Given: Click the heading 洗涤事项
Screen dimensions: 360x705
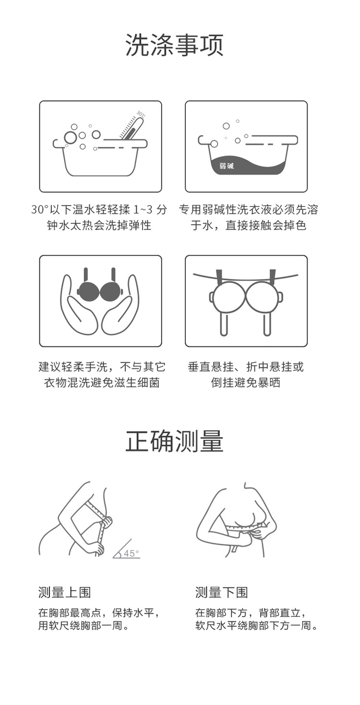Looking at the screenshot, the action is point(174,45).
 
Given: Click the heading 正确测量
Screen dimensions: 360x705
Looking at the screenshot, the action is point(174,441).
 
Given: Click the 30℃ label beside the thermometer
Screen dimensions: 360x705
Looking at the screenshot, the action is point(141,114).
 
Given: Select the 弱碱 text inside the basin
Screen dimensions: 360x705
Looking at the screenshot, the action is point(227,166).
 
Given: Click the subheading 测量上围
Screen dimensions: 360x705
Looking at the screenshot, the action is point(64,592).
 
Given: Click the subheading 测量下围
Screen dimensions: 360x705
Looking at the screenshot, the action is point(222,592).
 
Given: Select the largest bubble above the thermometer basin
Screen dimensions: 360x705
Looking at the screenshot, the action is point(70,137).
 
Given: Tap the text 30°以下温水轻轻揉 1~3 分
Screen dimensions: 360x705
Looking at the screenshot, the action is point(99,209).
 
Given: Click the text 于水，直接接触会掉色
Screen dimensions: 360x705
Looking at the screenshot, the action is point(249,225).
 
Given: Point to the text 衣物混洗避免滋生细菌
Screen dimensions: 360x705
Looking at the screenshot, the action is point(102,383).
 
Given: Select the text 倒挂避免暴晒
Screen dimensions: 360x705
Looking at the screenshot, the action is point(245,383).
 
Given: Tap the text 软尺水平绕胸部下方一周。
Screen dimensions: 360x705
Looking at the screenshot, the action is point(256,625).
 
